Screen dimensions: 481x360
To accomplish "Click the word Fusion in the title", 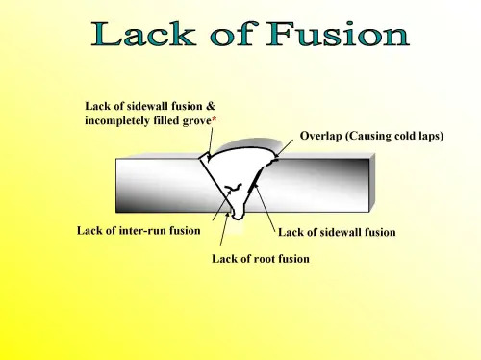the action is click(341, 37).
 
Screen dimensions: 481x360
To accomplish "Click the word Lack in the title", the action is click(145, 37).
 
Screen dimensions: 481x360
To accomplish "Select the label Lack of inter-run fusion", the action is click(139, 230).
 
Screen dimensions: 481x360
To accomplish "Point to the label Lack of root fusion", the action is click(261, 260).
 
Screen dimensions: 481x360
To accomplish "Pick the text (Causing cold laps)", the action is click(395, 137).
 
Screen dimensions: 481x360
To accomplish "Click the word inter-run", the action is click(147, 230).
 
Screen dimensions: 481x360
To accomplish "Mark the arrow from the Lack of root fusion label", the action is click(227, 231).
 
